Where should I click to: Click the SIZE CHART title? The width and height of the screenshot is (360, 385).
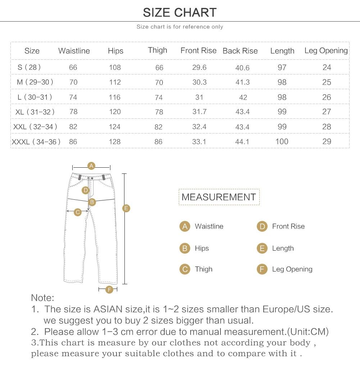point(180,13)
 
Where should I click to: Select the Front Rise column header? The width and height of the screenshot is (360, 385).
point(199,51)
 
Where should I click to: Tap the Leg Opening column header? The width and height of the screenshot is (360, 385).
point(326,51)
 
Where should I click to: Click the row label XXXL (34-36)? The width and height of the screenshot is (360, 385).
point(36,142)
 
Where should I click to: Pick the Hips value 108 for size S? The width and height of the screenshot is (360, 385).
point(115,68)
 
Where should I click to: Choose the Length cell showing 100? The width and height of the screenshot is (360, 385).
point(282,141)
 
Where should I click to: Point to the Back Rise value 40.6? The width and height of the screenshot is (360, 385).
point(242,68)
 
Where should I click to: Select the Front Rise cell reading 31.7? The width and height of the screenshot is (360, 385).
point(199,112)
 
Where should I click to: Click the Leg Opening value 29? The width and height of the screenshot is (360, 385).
point(327,141)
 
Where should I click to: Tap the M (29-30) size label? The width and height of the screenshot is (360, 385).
point(35,82)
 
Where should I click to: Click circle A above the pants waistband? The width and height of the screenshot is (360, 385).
point(91,166)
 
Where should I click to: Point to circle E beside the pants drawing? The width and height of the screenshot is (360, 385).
point(126,208)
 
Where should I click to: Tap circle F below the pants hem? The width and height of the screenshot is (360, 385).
point(110,290)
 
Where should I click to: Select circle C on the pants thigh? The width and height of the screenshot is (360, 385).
point(78,212)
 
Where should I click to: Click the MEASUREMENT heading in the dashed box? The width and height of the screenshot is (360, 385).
point(219,197)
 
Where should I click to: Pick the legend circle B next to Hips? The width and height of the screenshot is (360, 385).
point(184,248)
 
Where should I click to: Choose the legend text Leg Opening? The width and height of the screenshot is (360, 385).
point(292,269)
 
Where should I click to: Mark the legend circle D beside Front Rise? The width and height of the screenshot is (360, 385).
point(262,226)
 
